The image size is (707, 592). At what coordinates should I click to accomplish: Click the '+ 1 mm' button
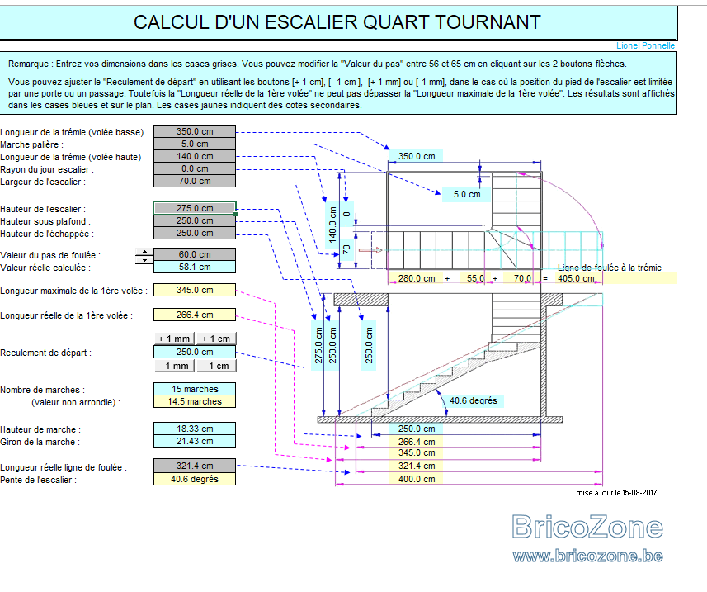(174, 339)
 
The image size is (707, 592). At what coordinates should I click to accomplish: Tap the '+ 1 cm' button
(216, 339)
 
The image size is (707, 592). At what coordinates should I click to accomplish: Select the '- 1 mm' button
(174, 366)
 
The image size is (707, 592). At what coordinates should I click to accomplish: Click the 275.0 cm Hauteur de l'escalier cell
(195, 208)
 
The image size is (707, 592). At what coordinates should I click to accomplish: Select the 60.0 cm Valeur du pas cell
(195, 254)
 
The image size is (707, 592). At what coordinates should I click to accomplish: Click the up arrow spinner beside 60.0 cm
(144, 251)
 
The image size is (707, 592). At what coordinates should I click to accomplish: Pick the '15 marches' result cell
(195, 389)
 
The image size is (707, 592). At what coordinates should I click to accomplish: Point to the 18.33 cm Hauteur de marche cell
(195, 429)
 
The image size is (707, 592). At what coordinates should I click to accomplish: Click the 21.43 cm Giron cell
(195, 441)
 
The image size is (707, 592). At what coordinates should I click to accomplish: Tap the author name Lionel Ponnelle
(646, 45)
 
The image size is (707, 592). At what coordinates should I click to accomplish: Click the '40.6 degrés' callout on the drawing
(474, 400)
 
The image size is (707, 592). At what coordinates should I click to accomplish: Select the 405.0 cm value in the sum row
(576, 278)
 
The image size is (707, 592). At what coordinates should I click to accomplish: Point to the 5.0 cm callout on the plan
(467, 195)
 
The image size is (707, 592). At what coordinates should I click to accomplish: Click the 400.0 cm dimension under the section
(417, 479)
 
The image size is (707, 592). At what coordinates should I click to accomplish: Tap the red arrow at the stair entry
(370, 250)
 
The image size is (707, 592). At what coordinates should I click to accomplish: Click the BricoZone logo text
(587, 527)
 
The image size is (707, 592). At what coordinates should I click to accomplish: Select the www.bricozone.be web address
(587, 556)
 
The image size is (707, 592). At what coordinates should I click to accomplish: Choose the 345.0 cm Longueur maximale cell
(195, 290)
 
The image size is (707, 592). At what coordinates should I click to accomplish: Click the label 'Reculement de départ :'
(45, 353)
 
